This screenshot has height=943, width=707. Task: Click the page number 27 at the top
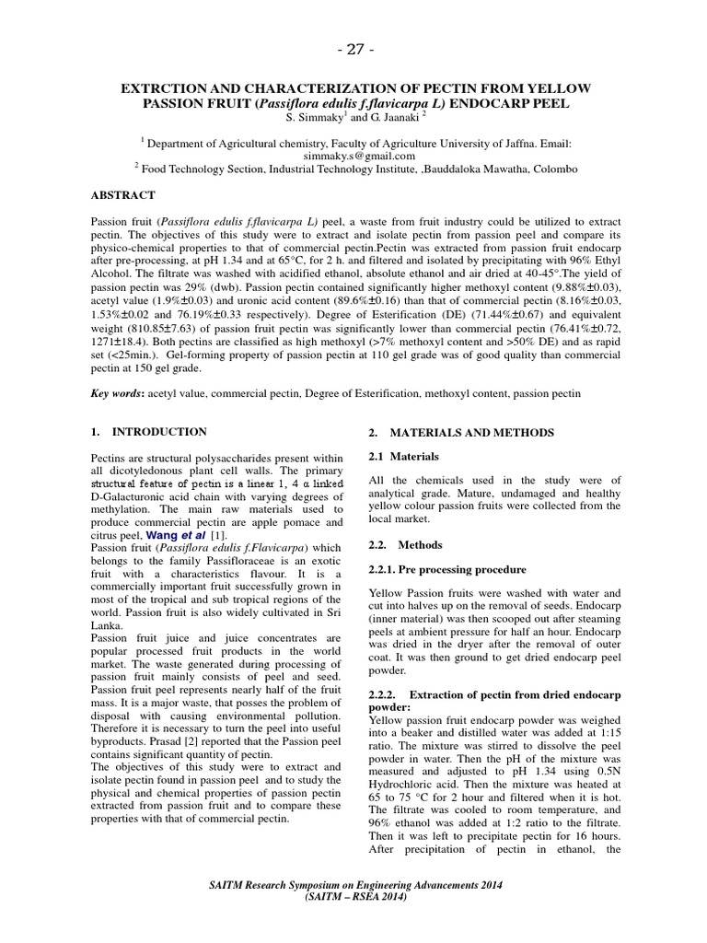coord(353,47)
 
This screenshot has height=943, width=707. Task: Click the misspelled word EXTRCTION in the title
coord(167,87)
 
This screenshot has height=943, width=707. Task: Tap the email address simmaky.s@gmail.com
coord(353,156)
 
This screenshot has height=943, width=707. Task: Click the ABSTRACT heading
coord(122,195)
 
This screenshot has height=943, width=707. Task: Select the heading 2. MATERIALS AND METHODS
coord(461,432)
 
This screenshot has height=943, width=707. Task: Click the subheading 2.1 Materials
coord(403,456)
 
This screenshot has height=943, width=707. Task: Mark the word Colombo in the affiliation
coord(554,169)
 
